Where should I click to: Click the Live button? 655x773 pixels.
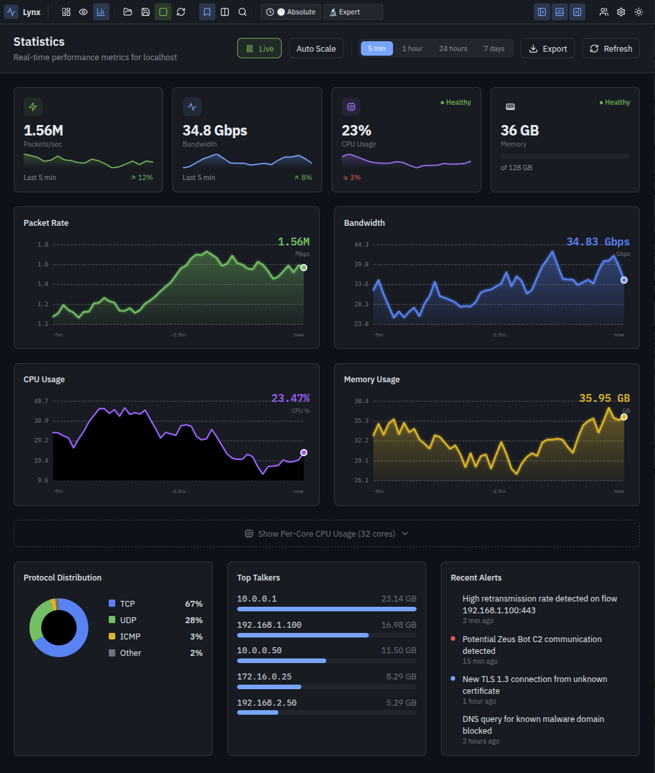[259, 48]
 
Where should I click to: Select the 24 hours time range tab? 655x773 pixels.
[453, 48]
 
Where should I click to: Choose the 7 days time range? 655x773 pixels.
[494, 48]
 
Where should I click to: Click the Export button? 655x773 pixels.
[548, 48]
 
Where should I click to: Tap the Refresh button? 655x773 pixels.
[610, 48]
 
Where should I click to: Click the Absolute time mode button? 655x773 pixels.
[291, 12]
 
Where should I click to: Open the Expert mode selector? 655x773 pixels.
[353, 12]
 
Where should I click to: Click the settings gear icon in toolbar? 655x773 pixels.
[621, 12]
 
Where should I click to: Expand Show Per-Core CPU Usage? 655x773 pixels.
[326, 533]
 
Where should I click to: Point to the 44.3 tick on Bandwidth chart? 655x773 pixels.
[362, 245]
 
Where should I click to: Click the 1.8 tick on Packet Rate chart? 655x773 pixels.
[43, 245]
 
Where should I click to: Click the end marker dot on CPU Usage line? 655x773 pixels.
[303, 452]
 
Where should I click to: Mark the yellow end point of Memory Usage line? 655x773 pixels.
[624, 417]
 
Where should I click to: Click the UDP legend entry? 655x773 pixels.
[128, 620]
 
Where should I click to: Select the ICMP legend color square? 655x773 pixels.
[112, 636]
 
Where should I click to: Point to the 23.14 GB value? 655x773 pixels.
[398, 598]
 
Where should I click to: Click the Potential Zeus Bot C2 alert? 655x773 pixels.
[531, 645]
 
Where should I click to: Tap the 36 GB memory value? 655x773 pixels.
[519, 130]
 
